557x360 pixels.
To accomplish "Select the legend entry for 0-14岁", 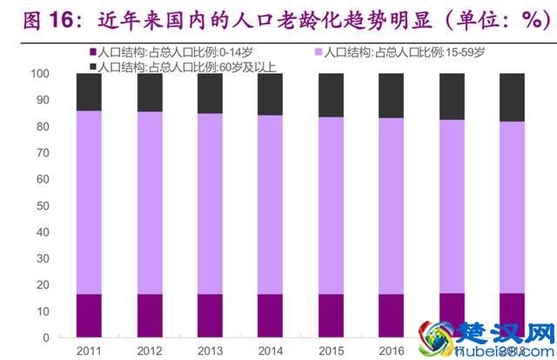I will [164, 53].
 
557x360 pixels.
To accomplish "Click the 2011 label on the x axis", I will [89, 350].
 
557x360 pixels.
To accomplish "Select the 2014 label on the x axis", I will [270, 350].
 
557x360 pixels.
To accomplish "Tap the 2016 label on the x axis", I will [391, 350].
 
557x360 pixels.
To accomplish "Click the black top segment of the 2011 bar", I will [89, 91].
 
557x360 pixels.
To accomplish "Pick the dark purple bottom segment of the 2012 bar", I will [150, 316].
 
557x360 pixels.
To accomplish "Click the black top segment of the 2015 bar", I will [331, 95].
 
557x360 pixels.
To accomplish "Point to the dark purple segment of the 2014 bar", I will [270, 316].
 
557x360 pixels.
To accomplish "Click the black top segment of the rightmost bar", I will [512, 97].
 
